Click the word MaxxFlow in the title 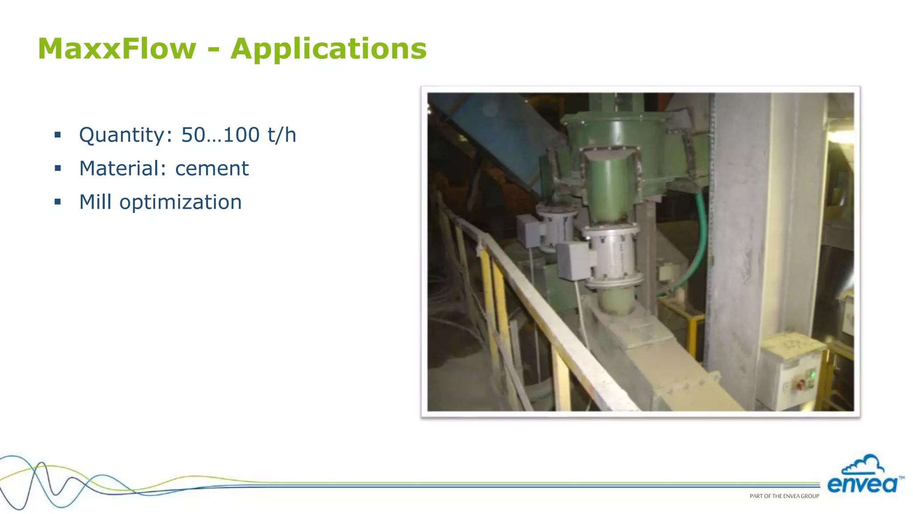click(117, 49)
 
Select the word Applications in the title click(329, 49)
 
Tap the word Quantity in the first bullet click(125, 135)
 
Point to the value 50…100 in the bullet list click(220, 135)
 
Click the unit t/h click(282, 135)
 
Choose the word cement click(212, 169)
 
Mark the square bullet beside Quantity click(58, 135)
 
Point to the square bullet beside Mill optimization click(58, 202)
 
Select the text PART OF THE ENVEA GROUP click(784, 496)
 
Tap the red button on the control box click(800, 383)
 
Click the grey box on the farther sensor click(528, 231)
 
